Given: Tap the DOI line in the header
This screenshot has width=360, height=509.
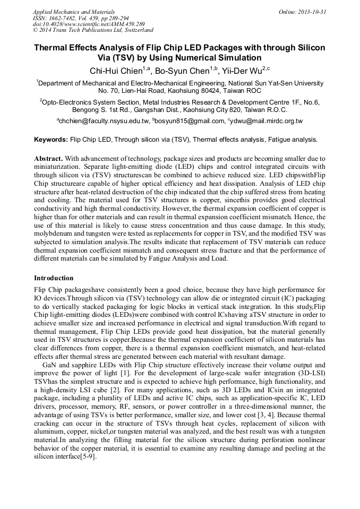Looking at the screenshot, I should [x=89, y=24].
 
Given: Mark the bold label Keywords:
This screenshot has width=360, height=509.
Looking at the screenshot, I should [x=51, y=140].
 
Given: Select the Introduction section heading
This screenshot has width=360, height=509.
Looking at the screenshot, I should [x=54, y=278].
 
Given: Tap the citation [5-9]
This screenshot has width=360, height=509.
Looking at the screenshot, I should [x=85, y=458].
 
